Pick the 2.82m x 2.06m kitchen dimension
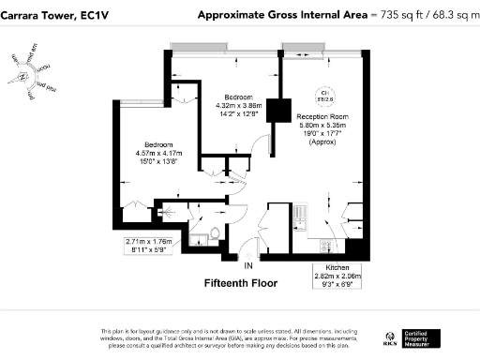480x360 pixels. [337, 277]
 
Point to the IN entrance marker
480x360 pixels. [247, 266]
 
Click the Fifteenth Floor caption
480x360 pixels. [239, 282]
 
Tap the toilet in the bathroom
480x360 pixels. [215, 234]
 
